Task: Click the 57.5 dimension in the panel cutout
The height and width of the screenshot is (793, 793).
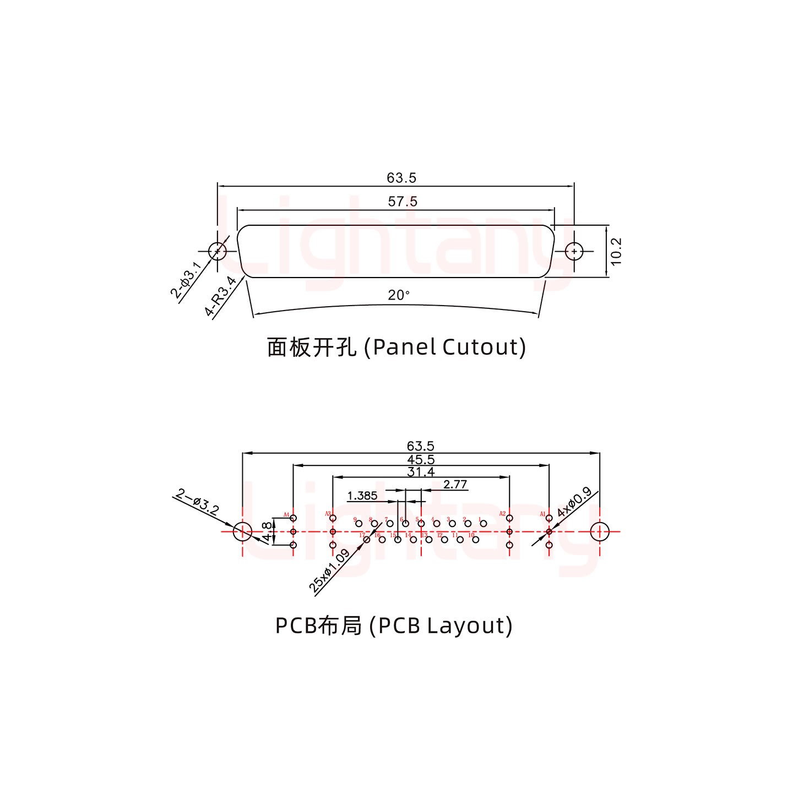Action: tap(403, 202)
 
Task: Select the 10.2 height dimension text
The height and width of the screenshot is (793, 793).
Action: tap(616, 251)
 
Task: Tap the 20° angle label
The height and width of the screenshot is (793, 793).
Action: tap(399, 296)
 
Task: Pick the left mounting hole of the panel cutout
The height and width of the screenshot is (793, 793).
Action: tap(218, 251)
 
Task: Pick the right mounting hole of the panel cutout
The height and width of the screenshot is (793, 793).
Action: tap(574, 251)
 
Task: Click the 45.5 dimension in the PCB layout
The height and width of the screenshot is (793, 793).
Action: tap(421, 459)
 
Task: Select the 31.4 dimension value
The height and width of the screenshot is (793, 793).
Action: tap(421, 472)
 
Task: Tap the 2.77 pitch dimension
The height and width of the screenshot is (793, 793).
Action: tap(455, 485)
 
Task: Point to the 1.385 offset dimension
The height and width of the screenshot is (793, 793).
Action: tap(362, 496)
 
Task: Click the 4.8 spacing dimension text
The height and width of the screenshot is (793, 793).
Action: tap(267, 531)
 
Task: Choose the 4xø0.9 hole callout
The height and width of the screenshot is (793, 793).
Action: tap(574, 502)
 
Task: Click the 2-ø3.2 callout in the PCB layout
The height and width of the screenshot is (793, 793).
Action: tap(197, 502)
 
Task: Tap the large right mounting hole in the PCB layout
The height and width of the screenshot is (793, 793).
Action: tap(599, 532)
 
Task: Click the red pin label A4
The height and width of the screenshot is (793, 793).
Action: tap(286, 515)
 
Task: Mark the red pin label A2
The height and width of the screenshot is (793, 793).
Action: tap(502, 514)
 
